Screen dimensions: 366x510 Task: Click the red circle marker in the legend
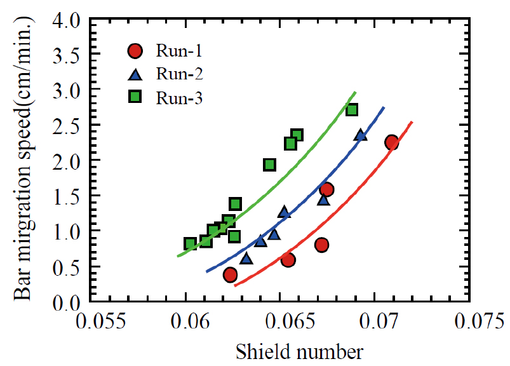click(135, 51)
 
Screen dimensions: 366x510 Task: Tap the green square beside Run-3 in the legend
click(135, 97)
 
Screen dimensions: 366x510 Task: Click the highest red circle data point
click(391, 142)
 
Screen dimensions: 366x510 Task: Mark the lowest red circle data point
click(231, 274)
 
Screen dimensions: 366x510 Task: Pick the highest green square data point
click(352, 109)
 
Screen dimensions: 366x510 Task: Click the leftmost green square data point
click(190, 243)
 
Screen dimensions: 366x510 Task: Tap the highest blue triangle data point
click(361, 135)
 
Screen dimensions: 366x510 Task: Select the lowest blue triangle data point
click(246, 258)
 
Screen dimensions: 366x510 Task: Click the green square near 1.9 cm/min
click(269, 165)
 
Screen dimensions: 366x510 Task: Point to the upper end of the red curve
click(412, 122)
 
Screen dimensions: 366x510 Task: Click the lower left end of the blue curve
click(206, 271)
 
